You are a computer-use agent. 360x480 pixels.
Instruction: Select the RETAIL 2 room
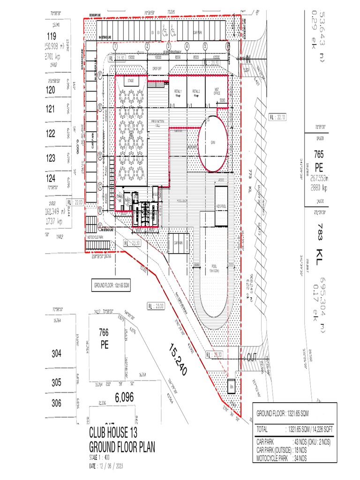[196, 91]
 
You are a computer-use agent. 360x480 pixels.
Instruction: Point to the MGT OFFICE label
[217, 92]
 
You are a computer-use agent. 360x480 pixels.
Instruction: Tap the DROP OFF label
[157, 68]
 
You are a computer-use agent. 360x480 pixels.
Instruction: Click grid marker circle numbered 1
[115, 46]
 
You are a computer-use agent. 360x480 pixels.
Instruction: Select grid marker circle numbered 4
[187, 46]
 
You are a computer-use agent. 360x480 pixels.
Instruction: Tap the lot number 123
[51, 158]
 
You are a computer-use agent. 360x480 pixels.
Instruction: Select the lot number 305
[56, 382]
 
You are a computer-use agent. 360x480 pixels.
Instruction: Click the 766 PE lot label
[104, 338]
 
